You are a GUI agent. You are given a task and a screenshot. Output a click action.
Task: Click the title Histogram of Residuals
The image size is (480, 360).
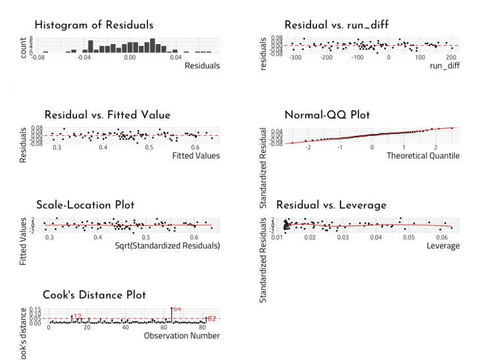click(x=93, y=25)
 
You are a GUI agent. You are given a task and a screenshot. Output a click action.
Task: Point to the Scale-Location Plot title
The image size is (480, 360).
click(x=93, y=205)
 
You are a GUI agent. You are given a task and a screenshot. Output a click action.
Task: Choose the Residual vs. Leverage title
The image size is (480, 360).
click(x=331, y=205)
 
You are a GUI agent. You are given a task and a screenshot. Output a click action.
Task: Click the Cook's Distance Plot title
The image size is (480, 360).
click(x=94, y=295)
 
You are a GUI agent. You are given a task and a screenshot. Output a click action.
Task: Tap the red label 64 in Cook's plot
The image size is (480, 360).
click(x=177, y=309)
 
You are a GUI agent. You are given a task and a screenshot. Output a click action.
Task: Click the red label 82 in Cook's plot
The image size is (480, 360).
click(x=212, y=318)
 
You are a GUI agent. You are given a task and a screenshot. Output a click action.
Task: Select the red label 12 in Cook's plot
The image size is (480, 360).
click(x=78, y=317)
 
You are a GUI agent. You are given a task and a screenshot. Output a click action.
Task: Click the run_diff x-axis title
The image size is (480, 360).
click(x=444, y=66)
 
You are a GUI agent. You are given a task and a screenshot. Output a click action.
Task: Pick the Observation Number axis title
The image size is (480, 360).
click(x=181, y=336)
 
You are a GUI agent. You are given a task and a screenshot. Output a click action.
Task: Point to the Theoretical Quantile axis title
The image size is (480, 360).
click(x=423, y=156)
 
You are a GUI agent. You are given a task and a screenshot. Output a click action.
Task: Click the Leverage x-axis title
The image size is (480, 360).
click(x=443, y=246)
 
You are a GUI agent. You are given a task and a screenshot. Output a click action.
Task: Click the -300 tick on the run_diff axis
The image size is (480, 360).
click(x=295, y=58)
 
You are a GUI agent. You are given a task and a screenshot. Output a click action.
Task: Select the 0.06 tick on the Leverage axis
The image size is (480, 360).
click(x=442, y=237)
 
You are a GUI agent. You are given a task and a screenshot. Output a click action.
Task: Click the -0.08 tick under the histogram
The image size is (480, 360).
click(x=39, y=58)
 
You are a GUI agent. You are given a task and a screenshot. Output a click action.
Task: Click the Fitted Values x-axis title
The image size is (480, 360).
click(x=196, y=156)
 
